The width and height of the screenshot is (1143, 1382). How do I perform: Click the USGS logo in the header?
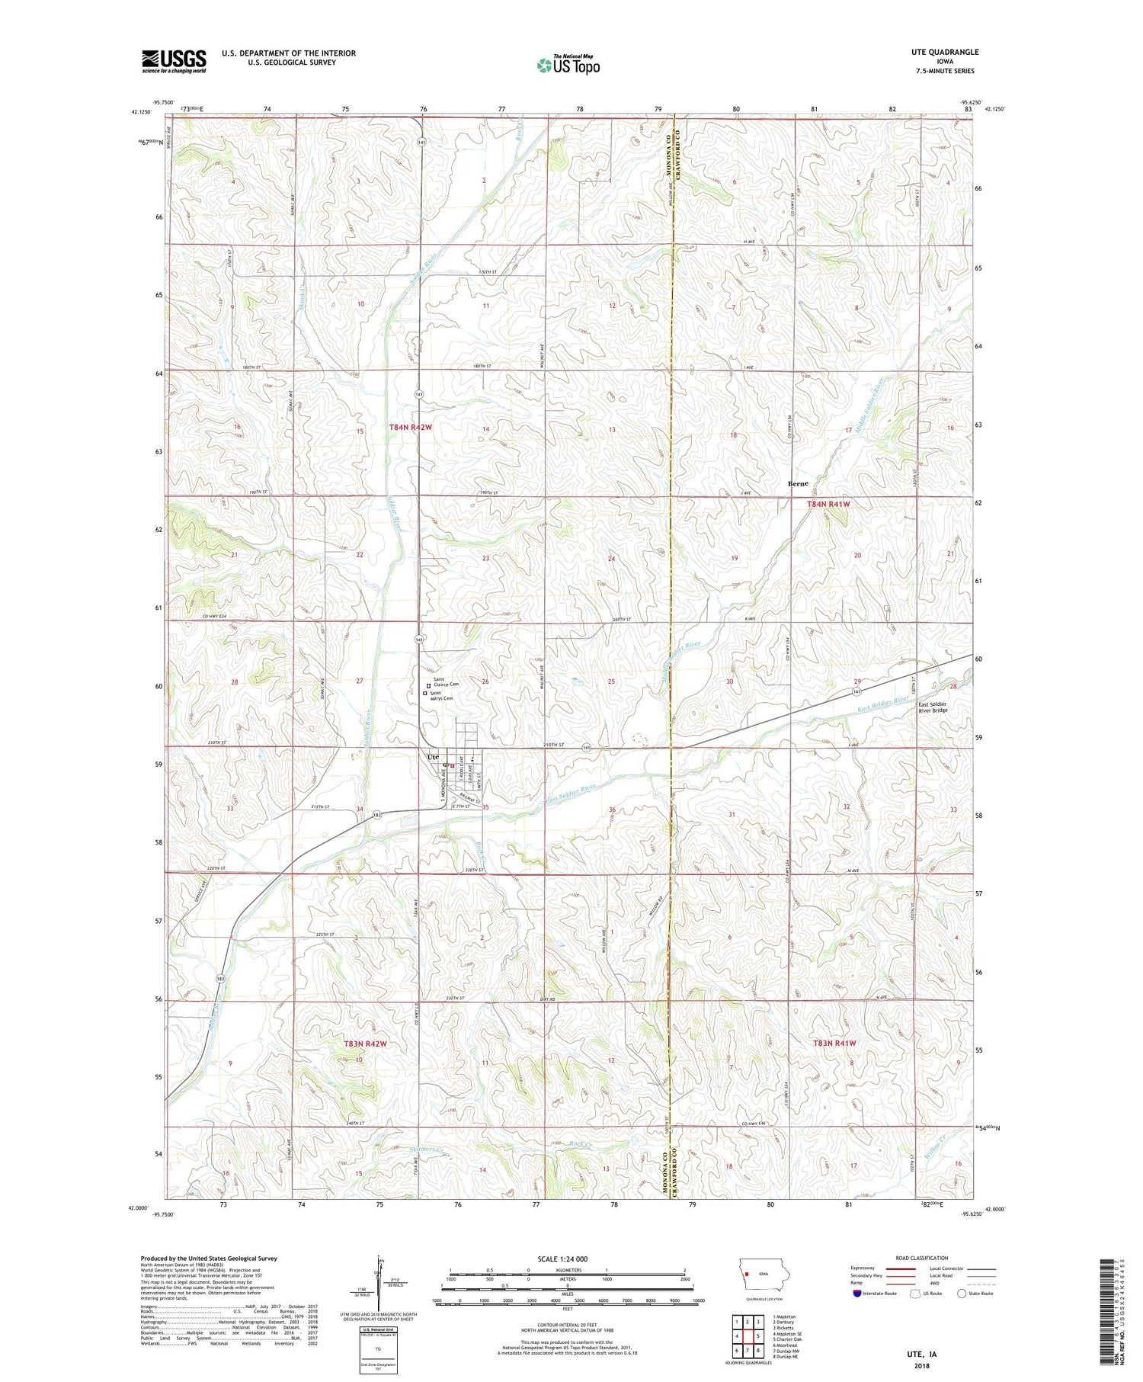point(174,61)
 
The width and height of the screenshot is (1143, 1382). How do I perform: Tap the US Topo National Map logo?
point(568,65)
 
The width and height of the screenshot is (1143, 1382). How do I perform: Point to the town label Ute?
point(433,757)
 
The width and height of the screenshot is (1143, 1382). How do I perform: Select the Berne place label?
point(798,484)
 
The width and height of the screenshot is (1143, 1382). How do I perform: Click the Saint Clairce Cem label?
point(446,682)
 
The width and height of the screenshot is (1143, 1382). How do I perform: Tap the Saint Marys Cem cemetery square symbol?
point(425,694)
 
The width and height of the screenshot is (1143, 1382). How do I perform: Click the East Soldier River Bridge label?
point(933,707)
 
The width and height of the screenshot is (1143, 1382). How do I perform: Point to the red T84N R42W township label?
point(410,428)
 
